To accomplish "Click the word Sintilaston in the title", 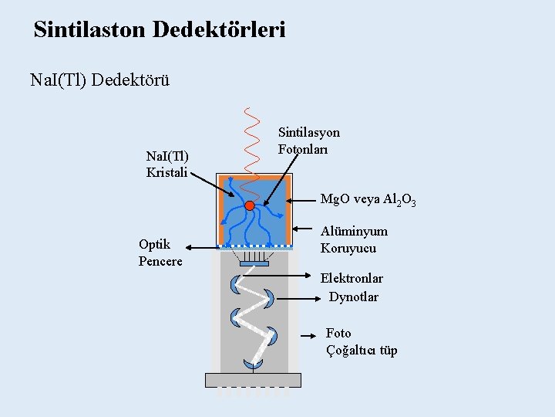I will [x=90, y=30].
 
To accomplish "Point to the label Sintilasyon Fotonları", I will [x=308, y=141].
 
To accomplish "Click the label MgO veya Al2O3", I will [x=368, y=200].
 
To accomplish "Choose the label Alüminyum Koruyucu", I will [x=354, y=239].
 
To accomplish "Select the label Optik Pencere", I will [x=160, y=253].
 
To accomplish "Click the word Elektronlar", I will [x=351, y=278].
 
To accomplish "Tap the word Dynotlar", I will [x=354, y=297].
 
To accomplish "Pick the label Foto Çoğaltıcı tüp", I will [x=361, y=342].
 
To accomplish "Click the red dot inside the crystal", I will [x=249, y=205].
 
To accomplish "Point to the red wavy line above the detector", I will [x=249, y=139].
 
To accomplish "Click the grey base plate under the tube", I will [x=253, y=380].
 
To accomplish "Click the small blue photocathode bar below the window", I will [x=254, y=264].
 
